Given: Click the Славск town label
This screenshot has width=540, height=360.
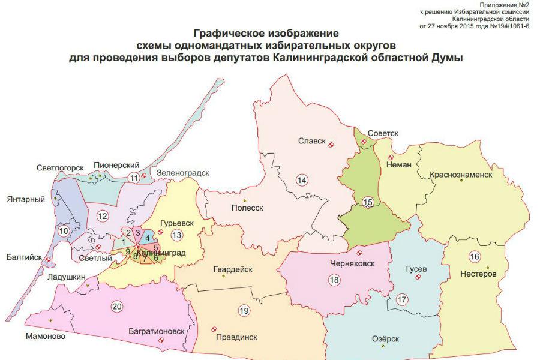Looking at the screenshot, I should (311, 142).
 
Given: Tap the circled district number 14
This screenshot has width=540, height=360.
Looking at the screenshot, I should (302, 179).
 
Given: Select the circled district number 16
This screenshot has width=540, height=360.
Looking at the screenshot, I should (475, 257).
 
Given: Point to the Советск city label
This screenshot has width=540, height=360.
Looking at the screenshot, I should (383, 133).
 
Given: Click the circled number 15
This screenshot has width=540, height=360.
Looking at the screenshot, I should (368, 202).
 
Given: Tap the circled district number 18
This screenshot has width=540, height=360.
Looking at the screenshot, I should (334, 279).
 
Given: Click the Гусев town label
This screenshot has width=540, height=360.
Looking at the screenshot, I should (416, 269).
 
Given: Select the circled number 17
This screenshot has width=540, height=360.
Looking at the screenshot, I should (401, 299).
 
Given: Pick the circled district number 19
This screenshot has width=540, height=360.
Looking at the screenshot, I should (243, 311).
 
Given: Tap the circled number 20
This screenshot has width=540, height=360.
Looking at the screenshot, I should (117, 307).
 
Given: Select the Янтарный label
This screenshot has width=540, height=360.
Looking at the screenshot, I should (25, 199).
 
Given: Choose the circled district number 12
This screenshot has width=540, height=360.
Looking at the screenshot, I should (103, 216).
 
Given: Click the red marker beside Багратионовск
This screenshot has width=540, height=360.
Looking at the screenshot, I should (161, 341).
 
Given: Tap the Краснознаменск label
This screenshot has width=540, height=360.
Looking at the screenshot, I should (460, 175).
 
